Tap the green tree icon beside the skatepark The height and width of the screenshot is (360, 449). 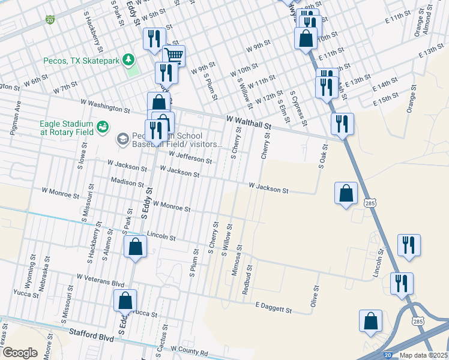[x=127, y=60]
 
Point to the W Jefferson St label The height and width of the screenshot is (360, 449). [x=190, y=157]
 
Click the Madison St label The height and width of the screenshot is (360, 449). [x=127, y=182]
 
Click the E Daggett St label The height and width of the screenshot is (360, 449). [x=273, y=308]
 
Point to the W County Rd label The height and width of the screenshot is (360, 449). [x=189, y=349]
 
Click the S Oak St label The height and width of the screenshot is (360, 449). [x=322, y=156]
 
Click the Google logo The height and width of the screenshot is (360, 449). [x=20, y=353]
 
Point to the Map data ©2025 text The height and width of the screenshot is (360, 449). [x=424, y=355]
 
